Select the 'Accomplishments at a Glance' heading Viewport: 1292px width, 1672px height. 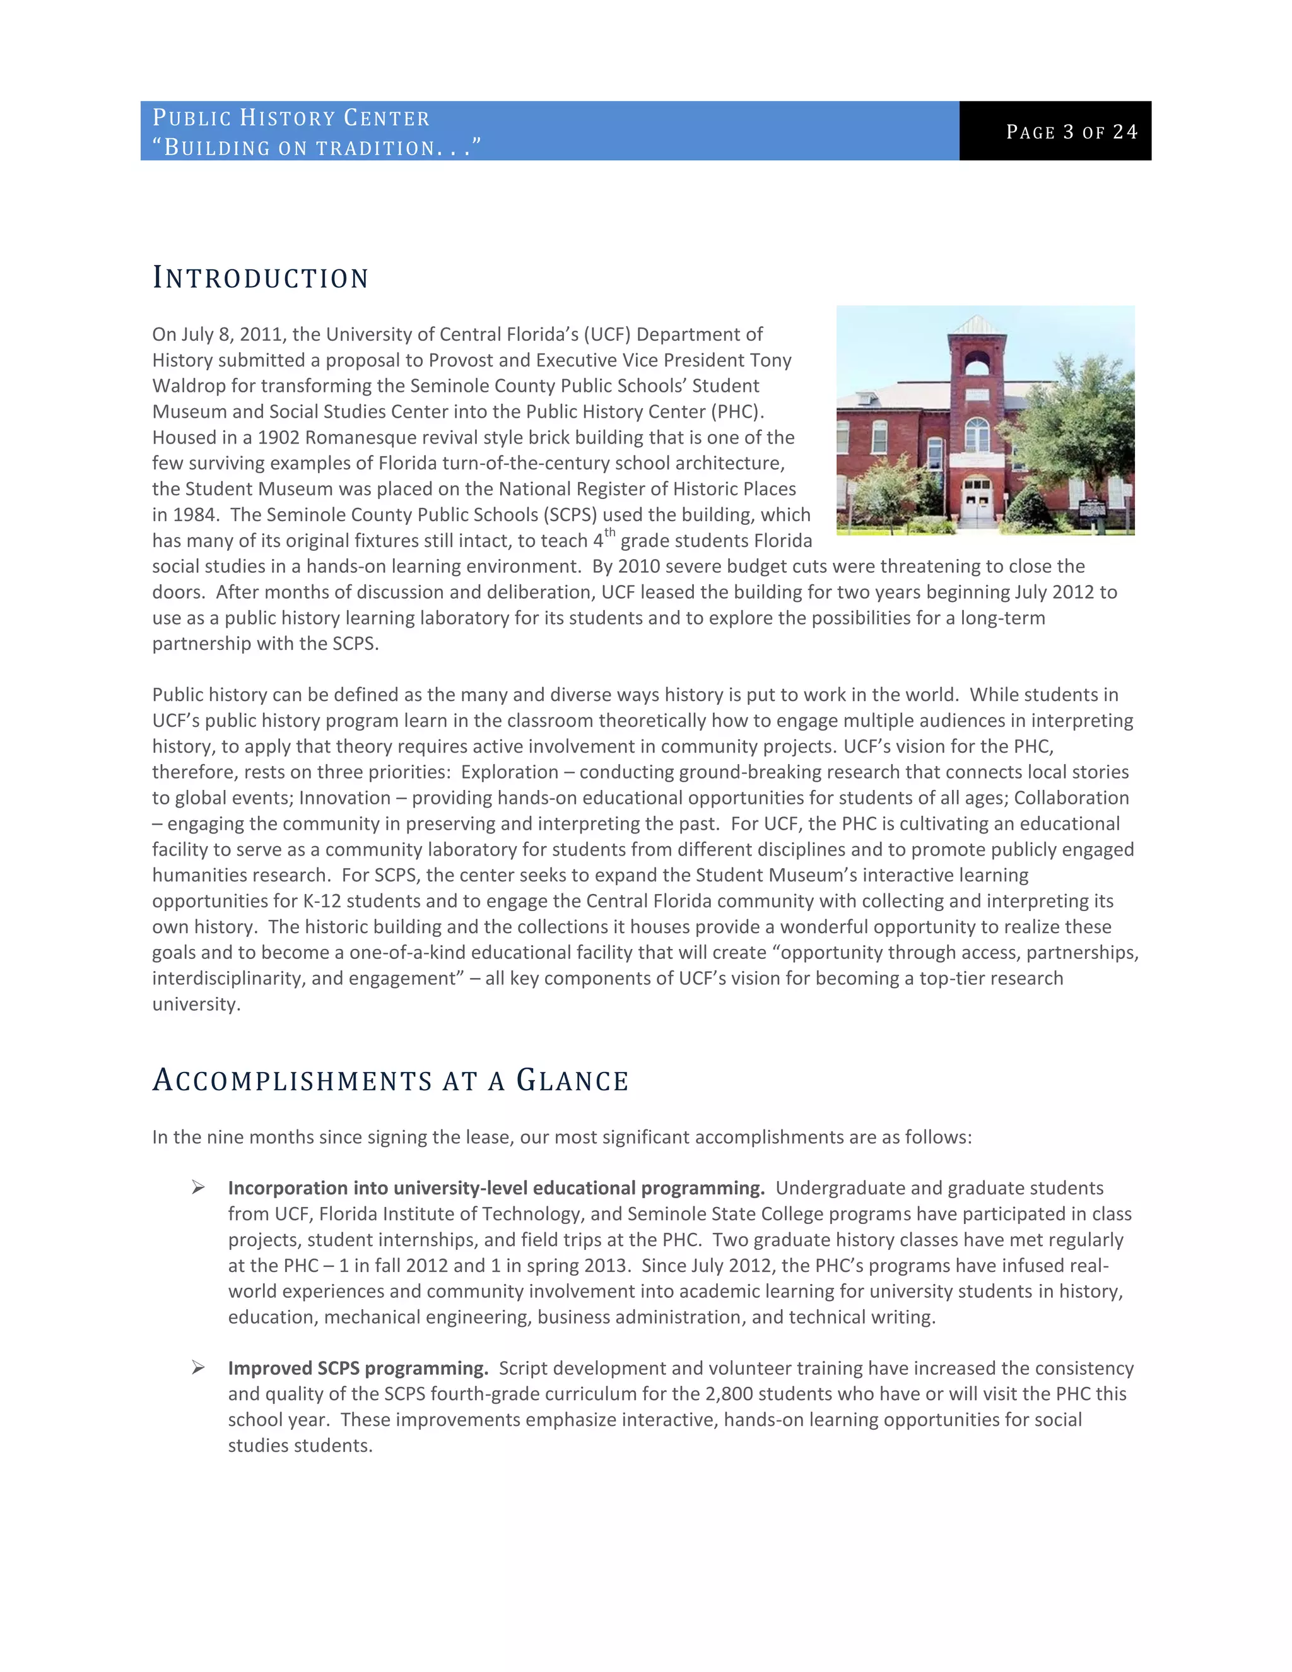coord(391,1080)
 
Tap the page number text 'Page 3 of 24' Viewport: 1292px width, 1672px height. coord(1072,132)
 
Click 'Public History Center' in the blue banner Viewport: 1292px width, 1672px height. coord(291,117)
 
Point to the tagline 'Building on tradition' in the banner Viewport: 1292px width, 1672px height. coord(316,147)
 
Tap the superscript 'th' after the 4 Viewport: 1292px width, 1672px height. coord(610,533)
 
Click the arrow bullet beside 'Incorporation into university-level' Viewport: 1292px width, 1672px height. coord(198,1187)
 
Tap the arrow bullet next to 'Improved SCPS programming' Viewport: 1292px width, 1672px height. coord(198,1367)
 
